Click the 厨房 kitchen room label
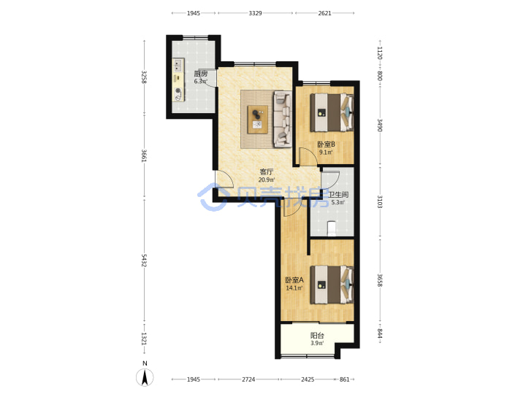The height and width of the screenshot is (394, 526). [x=201, y=74]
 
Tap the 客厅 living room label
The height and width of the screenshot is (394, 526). [x=267, y=172]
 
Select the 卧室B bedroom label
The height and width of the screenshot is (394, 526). [x=326, y=144]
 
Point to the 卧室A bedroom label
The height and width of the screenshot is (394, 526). [x=294, y=280]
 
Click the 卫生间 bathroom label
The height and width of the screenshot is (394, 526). [x=338, y=195]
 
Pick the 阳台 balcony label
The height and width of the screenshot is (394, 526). [x=317, y=336]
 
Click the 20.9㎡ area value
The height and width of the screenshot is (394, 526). [x=267, y=180]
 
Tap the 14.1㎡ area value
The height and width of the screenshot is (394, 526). [x=294, y=288]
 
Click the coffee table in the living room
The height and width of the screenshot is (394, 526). [x=258, y=119]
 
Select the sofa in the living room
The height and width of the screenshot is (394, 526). [x=283, y=119]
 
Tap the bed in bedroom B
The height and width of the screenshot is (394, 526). [x=332, y=112]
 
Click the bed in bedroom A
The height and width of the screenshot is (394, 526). [x=332, y=285]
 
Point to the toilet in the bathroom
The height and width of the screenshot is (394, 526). [x=332, y=228]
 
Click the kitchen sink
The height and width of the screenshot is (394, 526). [x=178, y=65]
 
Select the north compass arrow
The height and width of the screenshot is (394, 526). [x=145, y=377]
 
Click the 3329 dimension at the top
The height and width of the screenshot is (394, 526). [x=255, y=13]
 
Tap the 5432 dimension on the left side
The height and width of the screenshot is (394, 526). [x=144, y=260]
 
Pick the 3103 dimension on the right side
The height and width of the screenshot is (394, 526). [x=380, y=201]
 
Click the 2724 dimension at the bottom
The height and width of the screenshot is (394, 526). [x=248, y=379]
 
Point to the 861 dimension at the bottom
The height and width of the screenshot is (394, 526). [x=345, y=379]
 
